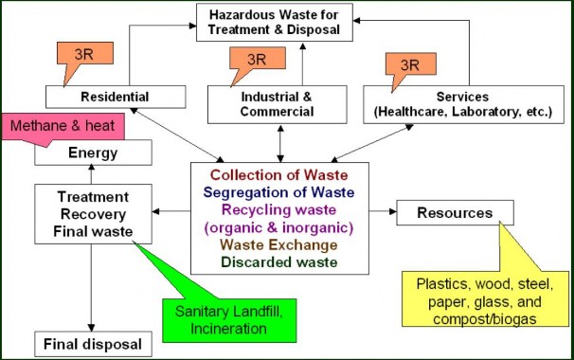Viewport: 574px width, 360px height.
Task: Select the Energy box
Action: (93, 153)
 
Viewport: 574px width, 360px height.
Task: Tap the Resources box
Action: (456, 212)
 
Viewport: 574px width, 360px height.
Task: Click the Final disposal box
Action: (93, 343)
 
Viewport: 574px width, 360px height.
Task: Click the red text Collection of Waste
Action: (279, 175)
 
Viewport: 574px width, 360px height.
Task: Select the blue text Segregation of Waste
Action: (279, 192)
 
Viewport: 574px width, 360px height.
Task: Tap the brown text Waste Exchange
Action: (279, 244)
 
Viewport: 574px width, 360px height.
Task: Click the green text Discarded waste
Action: (279, 261)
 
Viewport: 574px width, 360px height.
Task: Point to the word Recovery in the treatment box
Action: (93, 212)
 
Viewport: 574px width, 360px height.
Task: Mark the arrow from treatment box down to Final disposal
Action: (93, 283)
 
